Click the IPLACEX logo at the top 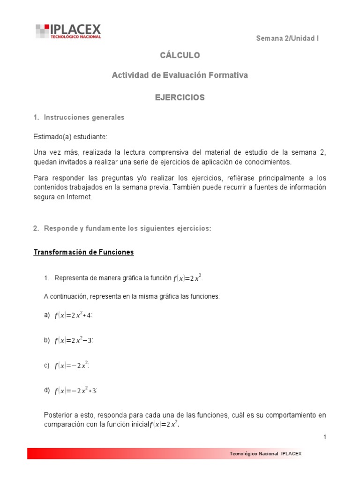[68, 31]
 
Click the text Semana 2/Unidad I [287, 38]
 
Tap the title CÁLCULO [180, 55]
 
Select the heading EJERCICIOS [180, 97]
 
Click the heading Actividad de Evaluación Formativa [180, 75]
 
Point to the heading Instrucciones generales [84, 117]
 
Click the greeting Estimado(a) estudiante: [70, 137]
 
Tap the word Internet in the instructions [80, 197]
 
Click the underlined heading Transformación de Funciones [83, 252]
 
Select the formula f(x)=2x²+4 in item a [74, 315]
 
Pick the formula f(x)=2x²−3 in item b [74, 341]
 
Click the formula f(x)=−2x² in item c [72, 366]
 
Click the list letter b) [47, 340]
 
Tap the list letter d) [47, 390]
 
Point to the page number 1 [324, 437]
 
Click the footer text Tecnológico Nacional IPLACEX [266, 454]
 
